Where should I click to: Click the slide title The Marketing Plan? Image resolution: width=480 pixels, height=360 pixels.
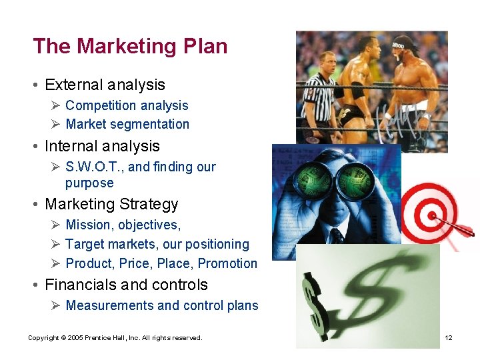tap(130, 46)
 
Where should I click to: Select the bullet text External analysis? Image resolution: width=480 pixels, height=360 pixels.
tap(105, 85)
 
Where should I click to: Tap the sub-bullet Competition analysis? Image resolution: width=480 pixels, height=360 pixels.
tap(127, 105)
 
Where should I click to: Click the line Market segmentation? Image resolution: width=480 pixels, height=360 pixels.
tap(127, 124)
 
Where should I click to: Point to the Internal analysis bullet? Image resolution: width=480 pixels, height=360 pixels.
tap(102, 146)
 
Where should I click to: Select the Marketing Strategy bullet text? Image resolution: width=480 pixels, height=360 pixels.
tap(111, 204)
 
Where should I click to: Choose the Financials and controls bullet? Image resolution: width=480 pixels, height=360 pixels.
tap(126, 285)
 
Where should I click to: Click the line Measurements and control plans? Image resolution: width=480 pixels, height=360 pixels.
tap(161, 305)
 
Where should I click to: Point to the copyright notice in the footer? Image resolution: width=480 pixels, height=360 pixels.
tap(115, 338)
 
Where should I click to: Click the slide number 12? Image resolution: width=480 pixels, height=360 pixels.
tap(449, 338)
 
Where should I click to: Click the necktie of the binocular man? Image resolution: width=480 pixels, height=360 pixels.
tap(337, 237)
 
